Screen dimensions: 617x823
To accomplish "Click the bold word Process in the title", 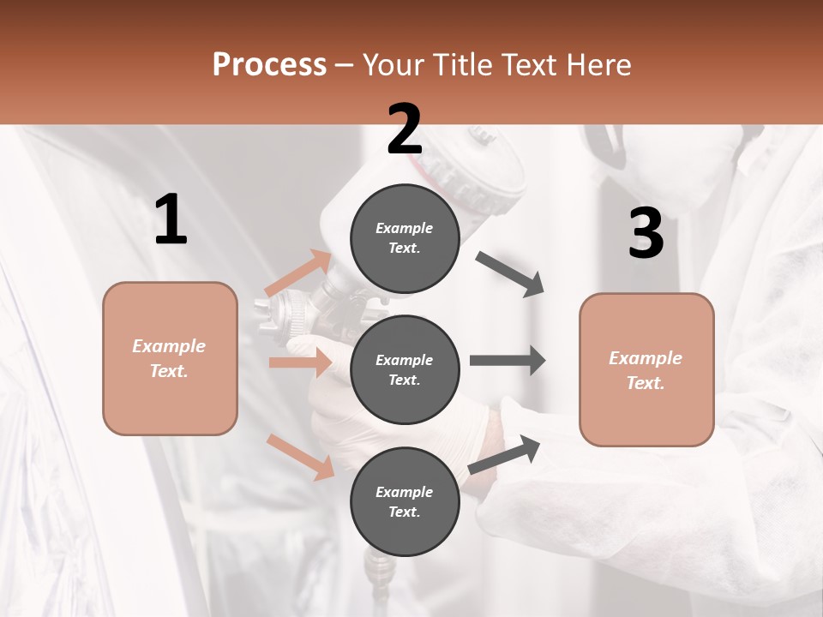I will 269,65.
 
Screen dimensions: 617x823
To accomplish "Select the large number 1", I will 171,220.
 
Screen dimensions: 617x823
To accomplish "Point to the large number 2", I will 405,129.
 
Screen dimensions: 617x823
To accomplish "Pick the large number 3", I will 646,234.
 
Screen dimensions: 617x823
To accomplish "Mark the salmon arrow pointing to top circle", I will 298,273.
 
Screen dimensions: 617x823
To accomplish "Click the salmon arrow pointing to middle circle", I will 300,362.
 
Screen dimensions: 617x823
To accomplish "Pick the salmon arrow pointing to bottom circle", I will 301,457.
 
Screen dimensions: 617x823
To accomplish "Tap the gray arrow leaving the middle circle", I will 507,361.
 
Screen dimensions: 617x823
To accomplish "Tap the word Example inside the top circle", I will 405,228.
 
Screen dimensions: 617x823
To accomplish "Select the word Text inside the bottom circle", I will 403,512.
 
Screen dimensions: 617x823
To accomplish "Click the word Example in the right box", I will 646,358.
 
